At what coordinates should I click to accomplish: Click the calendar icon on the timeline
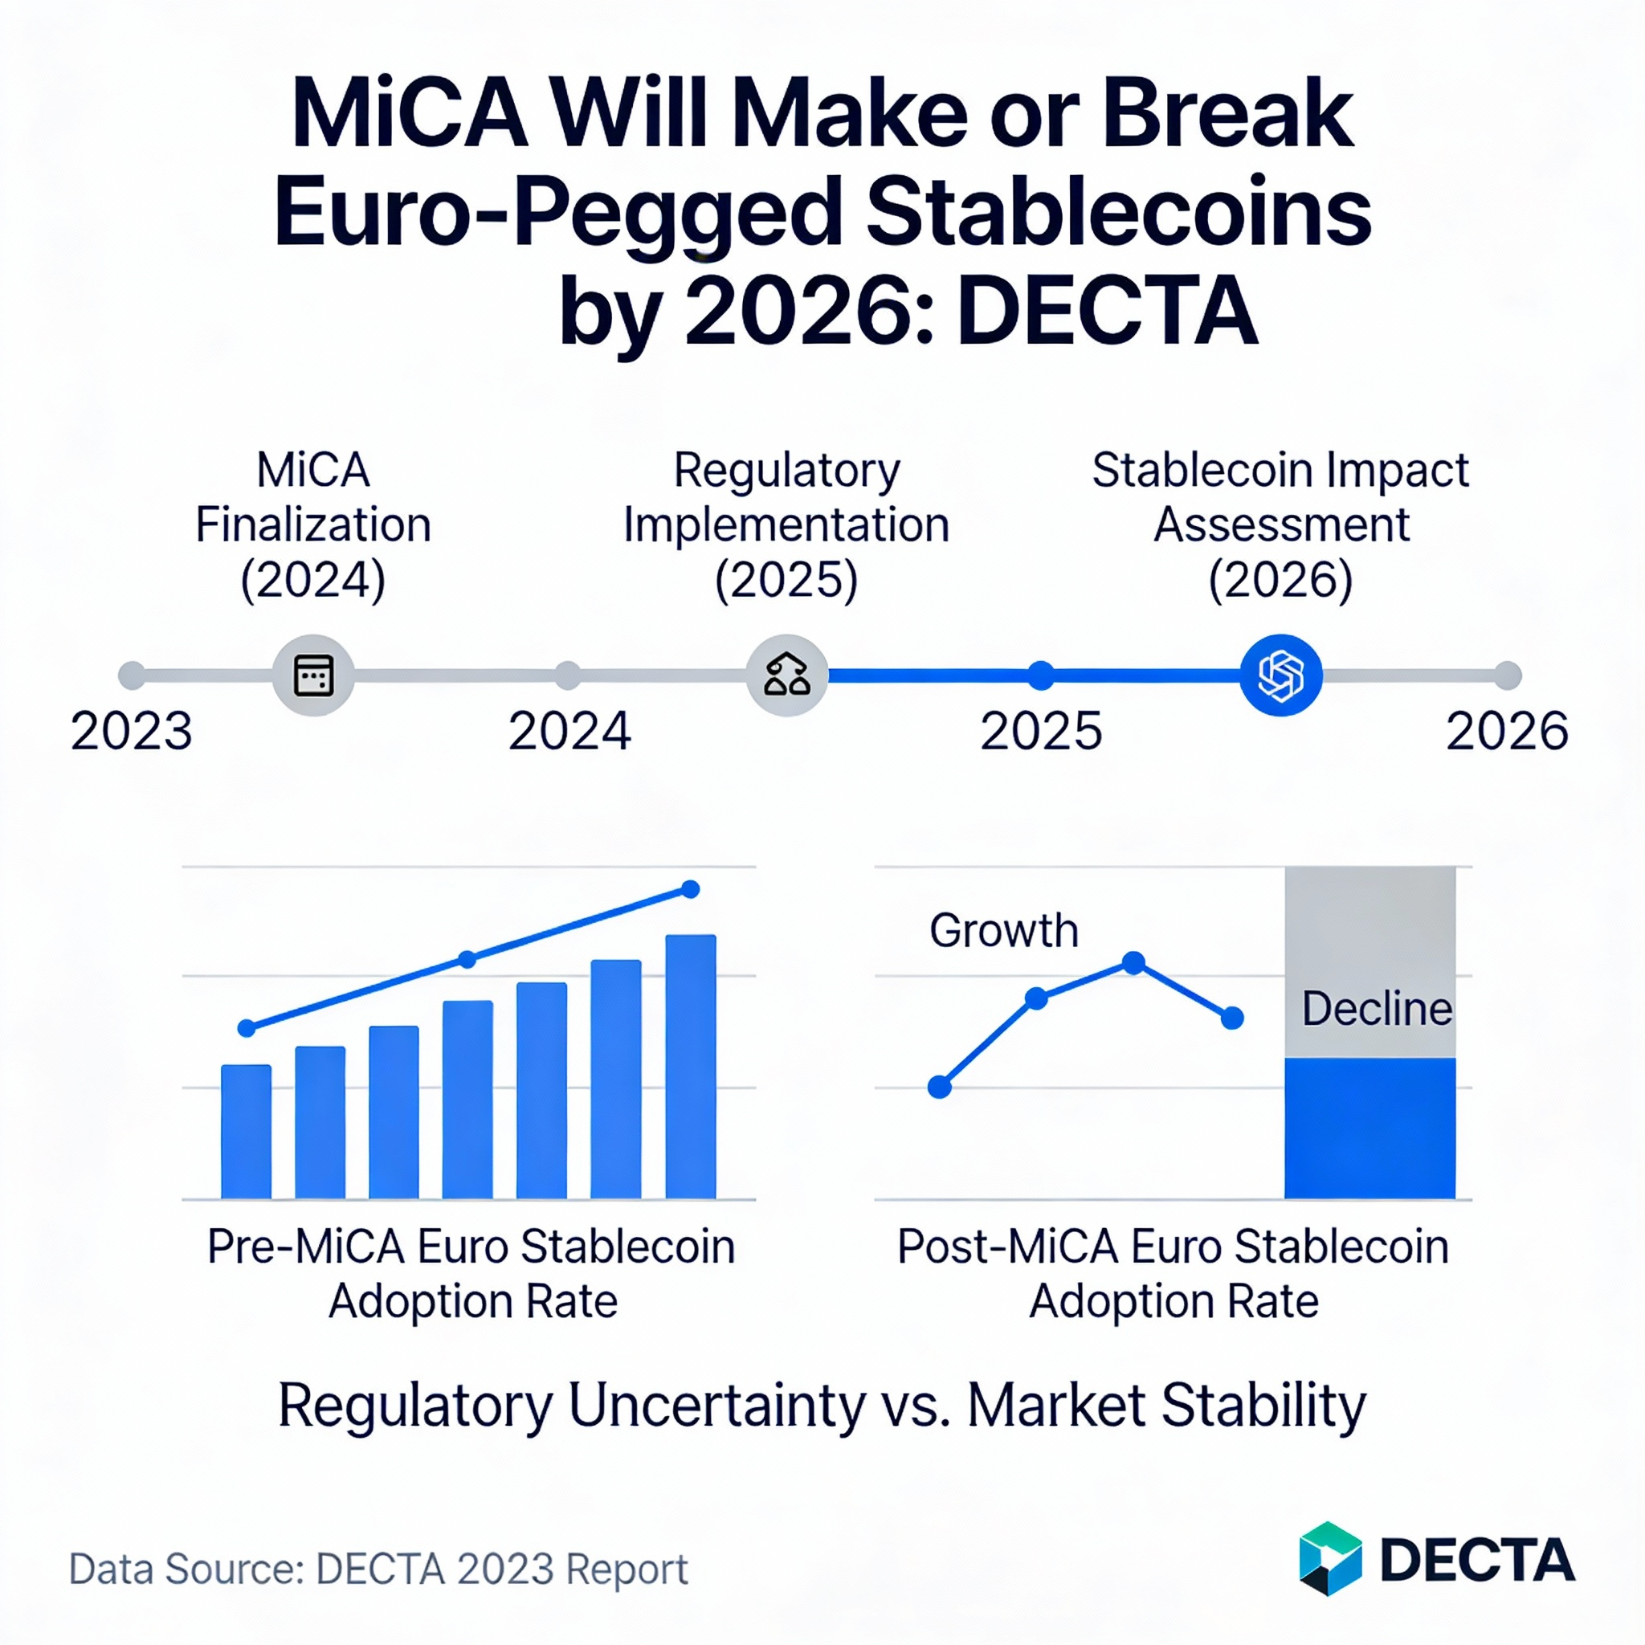point(313,676)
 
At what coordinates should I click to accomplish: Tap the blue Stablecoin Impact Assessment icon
point(1280,676)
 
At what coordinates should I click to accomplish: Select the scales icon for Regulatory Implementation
point(786,676)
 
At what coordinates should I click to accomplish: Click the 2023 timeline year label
point(131,731)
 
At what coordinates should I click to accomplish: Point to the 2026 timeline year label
point(1506,731)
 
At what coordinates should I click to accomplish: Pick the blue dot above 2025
point(1040,676)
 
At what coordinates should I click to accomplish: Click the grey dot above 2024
point(568,676)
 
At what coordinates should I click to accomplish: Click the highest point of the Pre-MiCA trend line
point(691,890)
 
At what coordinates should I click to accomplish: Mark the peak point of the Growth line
point(1133,963)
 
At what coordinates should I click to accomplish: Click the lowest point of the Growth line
point(939,1088)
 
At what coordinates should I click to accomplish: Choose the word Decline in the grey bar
point(1376,1009)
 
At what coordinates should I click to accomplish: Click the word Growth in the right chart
point(1004,931)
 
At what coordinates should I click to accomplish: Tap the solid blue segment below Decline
point(1369,1129)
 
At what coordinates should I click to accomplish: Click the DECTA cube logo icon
point(1330,1558)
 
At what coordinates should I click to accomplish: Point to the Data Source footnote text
point(378,1569)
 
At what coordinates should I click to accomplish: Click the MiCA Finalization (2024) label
point(313,525)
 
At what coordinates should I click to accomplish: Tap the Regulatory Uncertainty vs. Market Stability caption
point(822,1406)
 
